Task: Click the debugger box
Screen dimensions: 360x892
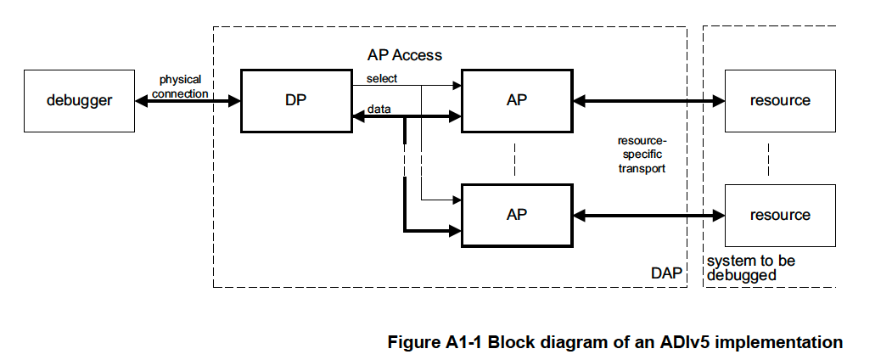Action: [x=78, y=100]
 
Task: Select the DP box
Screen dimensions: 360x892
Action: [x=295, y=100]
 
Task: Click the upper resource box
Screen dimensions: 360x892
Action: [x=780, y=100]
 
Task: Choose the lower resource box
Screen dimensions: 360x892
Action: [x=780, y=215]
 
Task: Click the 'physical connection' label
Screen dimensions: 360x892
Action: [x=180, y=87]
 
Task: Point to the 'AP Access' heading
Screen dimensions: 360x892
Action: [x=404, y=55]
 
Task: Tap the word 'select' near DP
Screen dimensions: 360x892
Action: [x=382, y=79]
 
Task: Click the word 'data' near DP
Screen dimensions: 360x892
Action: [x=379, y=110]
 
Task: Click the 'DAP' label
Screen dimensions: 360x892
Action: [x=665, y=273]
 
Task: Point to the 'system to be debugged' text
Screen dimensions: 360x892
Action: [x=751, y=267]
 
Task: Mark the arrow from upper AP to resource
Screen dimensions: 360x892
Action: [x=649, y=101]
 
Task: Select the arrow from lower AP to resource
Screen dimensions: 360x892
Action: [x=649, y=215]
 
